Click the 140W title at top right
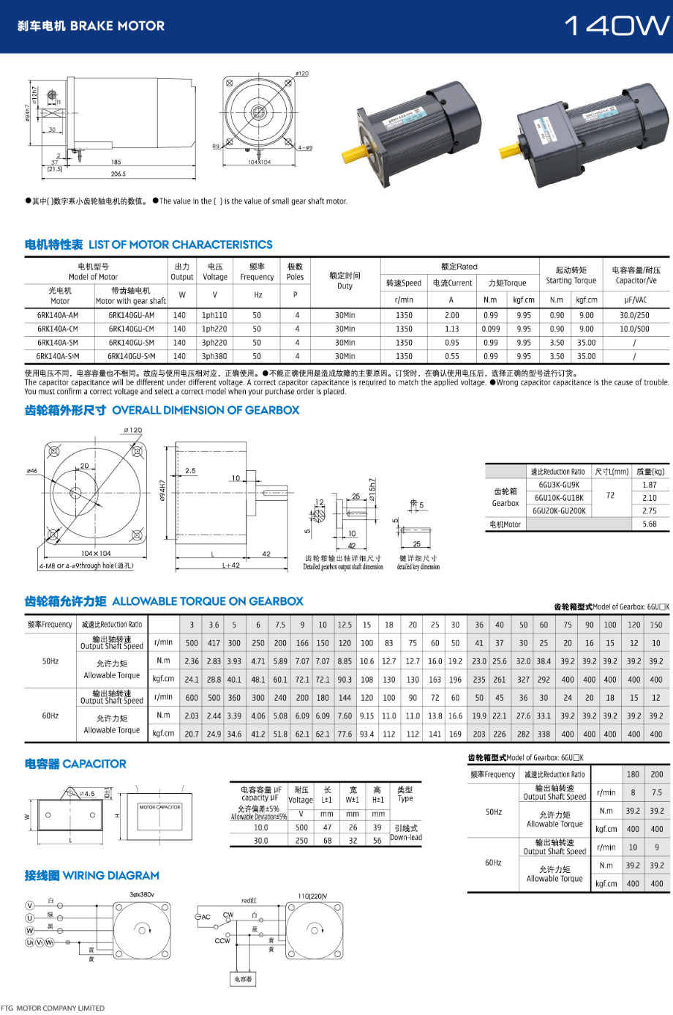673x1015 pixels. (616, 26)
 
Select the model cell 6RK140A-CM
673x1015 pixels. (58, 329)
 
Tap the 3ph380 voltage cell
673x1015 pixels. (214, 357)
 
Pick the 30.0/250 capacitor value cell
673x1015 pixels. (634, 316)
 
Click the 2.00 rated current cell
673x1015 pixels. (452, 316)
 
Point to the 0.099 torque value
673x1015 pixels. (491, 329)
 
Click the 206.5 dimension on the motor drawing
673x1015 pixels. (119, 174)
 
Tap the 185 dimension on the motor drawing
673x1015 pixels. (116, 162)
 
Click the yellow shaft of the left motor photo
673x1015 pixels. (355, 154)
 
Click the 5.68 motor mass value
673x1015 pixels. (650, 524)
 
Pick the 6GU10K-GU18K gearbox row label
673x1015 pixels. (559, 498)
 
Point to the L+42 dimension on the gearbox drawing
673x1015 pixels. (231, 565)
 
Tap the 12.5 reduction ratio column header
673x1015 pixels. (345, 625)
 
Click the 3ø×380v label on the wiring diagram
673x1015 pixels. (142, 894)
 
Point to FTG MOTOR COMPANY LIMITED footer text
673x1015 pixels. (53, 1008)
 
